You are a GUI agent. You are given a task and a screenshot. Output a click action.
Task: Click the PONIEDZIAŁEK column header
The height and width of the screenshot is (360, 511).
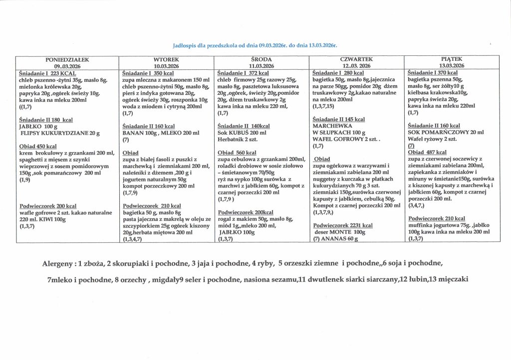pyautogui.click(x=67, y=60)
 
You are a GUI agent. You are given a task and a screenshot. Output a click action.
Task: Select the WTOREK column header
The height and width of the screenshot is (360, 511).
pyautogui.click(x=166, y=60)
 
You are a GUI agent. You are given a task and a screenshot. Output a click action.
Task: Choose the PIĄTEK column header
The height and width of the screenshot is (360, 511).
pyautogui.click(x=452, y=59)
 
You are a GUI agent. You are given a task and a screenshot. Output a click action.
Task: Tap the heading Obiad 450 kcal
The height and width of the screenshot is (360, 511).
pyautogui.click(x=38, y=146)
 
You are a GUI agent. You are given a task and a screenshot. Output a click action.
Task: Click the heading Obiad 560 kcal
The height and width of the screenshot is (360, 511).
pyautogui.click(x=237, y=153)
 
